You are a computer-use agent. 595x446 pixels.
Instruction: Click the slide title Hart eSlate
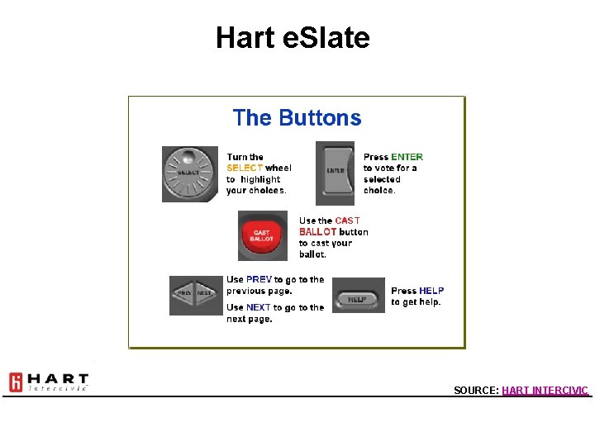click(293, 37)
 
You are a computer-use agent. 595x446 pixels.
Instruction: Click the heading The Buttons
click(297, 118)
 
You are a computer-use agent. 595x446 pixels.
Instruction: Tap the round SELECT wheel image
click(188, 173)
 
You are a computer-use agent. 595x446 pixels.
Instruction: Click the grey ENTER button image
click(335, 171)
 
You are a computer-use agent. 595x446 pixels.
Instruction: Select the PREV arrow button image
click(184, 293)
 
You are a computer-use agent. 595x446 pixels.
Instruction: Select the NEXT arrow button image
click(206, 293)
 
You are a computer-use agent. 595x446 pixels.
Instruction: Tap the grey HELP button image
click(358, 298)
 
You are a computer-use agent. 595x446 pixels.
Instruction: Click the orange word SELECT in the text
click(245, 168)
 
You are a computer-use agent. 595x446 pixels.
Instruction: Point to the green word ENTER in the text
click(407, 157)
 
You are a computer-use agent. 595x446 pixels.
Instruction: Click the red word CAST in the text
click(347, 221)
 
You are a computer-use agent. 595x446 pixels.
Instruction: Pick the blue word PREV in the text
click(259, 280)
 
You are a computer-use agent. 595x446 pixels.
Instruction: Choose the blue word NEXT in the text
click(259, 308)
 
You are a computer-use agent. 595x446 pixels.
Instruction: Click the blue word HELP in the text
click(431, 291)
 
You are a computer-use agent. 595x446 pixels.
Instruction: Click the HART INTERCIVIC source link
click(545, 390)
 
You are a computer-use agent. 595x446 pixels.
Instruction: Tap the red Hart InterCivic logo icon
click(16, 382)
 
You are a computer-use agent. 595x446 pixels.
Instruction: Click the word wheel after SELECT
click(278, 168)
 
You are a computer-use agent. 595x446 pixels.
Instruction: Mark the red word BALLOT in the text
click(318, 232)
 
